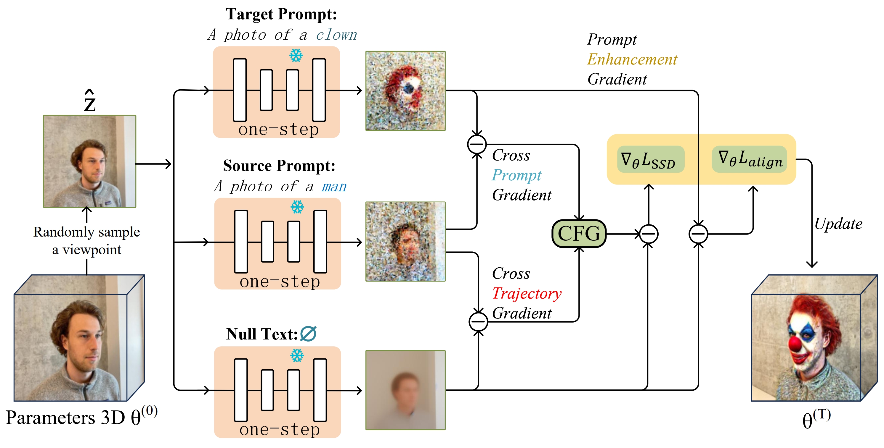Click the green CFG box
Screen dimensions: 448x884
579,234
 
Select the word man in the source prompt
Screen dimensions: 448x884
334,187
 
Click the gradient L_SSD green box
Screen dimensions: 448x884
650,159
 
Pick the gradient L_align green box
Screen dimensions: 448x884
749,159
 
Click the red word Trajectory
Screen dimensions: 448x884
527,293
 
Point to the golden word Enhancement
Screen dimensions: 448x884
632,59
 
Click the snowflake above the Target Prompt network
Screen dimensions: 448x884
296,55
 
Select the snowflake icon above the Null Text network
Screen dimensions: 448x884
297,355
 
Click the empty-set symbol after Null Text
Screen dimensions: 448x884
308,334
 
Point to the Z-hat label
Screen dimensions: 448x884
89,101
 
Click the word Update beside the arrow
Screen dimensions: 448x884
838,224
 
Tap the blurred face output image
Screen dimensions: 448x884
405,390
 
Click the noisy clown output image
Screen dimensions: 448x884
405,91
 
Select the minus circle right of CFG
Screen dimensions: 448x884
648,234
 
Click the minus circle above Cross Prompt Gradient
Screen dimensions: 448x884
477,144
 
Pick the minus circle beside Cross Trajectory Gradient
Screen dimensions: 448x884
478,321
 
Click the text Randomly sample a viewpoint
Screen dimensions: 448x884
86,241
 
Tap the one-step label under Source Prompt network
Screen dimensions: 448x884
279,282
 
